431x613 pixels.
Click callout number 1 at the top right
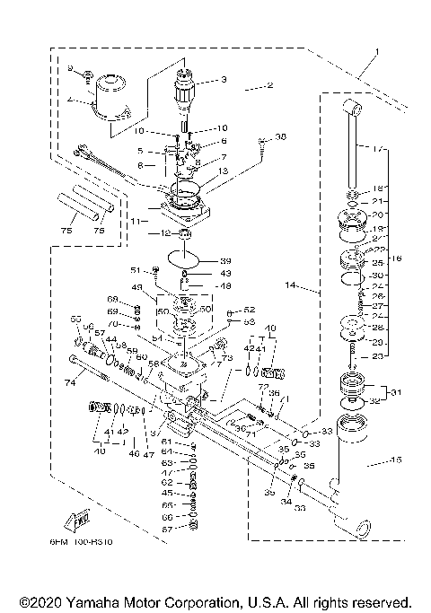(378, 52)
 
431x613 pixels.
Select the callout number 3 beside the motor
(224, 80)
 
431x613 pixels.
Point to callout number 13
(223, 171)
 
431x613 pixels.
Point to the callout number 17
(377, 147)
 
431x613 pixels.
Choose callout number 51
(136, 269)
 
